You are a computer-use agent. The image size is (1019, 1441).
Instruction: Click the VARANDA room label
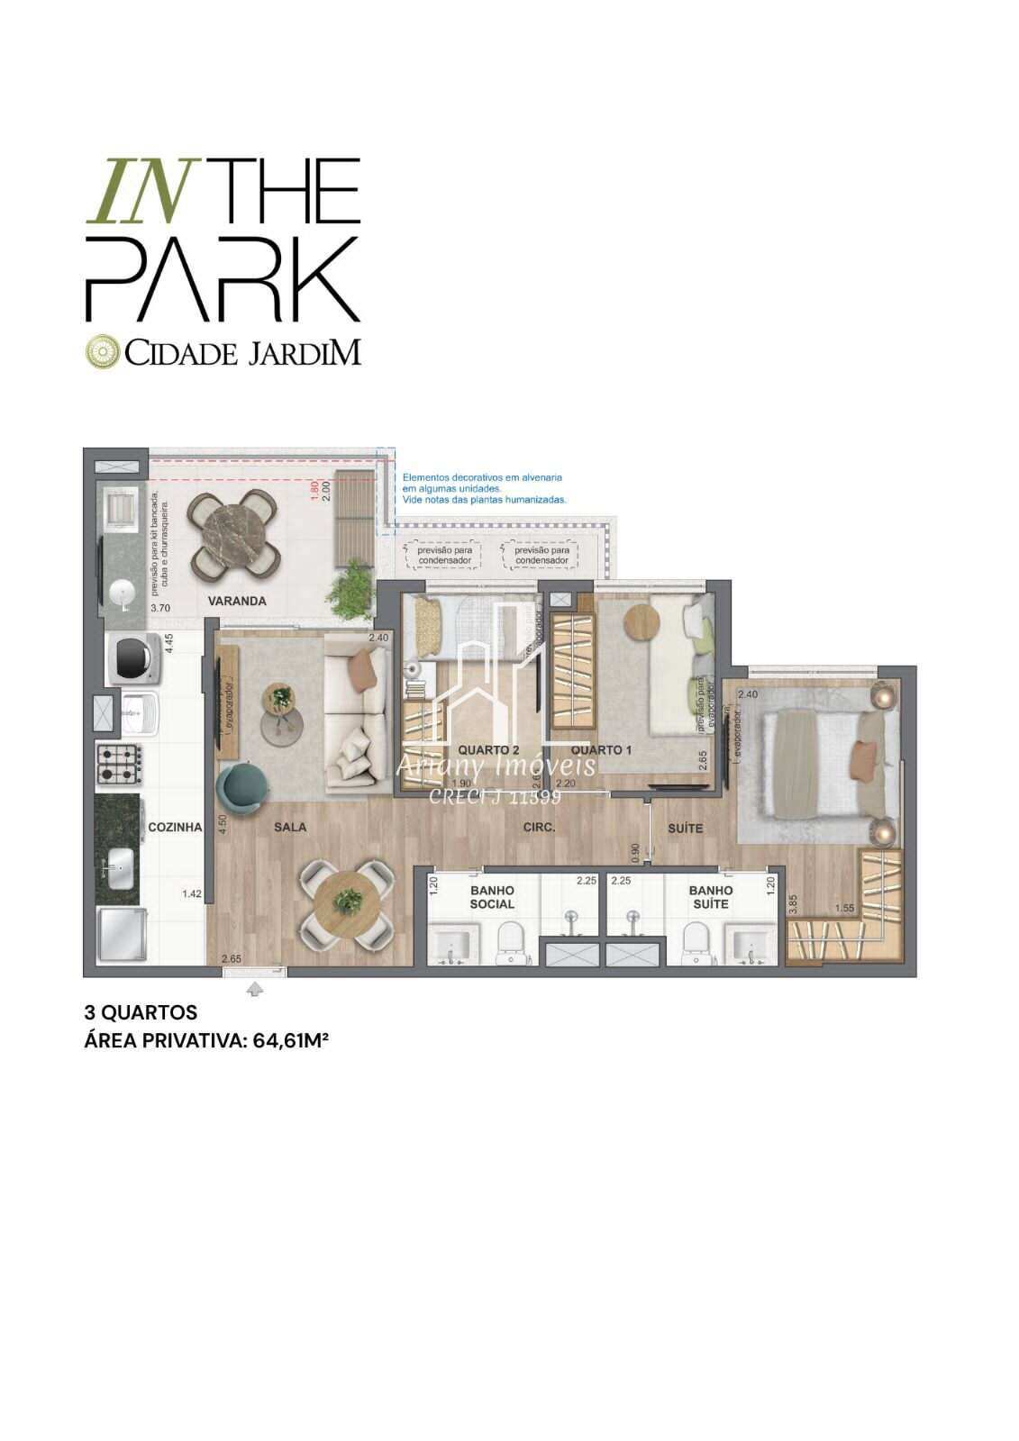(x=237, y=601)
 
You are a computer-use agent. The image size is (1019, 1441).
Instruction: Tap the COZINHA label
(x=174, y=827)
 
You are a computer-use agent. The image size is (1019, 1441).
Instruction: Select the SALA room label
(x=290, y=827)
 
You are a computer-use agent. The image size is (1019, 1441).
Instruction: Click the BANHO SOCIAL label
(x=492, y=897)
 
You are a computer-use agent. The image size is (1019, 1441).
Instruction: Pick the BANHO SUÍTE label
(x=711, y=897)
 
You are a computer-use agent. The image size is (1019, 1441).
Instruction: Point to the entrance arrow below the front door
(x=255, y=990)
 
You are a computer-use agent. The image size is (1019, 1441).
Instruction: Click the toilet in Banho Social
(x=511, y=939)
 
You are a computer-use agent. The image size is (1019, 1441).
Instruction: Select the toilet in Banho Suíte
(x=695, y=939)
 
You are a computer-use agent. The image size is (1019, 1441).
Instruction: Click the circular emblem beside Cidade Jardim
(x=102, y=352)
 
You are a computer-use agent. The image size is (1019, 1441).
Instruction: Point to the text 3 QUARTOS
(x=141, y=1013)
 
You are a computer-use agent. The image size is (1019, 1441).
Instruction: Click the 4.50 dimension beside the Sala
(x=222, y=826)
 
